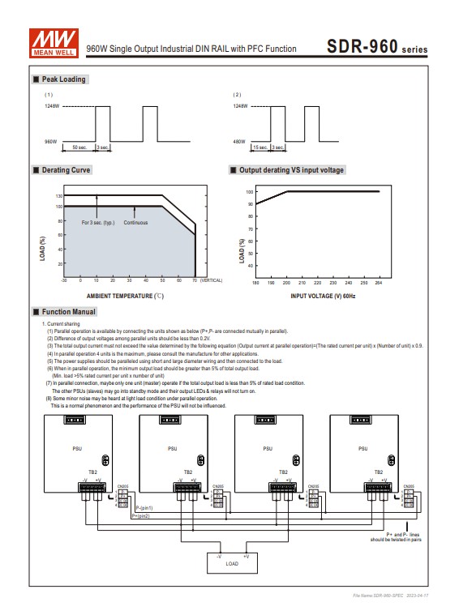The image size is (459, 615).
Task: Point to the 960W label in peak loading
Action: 50,141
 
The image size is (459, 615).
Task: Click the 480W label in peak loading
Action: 239,141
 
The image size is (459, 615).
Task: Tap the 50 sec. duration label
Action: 79,147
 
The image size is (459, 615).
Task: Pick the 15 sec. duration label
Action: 261,147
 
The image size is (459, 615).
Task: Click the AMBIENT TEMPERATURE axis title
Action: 126,296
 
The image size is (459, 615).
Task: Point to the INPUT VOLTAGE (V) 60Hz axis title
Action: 323,296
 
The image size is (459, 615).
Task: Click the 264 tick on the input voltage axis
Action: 378,283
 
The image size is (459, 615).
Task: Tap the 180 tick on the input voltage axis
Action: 255,283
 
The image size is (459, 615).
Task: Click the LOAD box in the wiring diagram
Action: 232,561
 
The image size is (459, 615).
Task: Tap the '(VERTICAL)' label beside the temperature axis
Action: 211,280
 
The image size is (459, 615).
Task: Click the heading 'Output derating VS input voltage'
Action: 291,170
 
